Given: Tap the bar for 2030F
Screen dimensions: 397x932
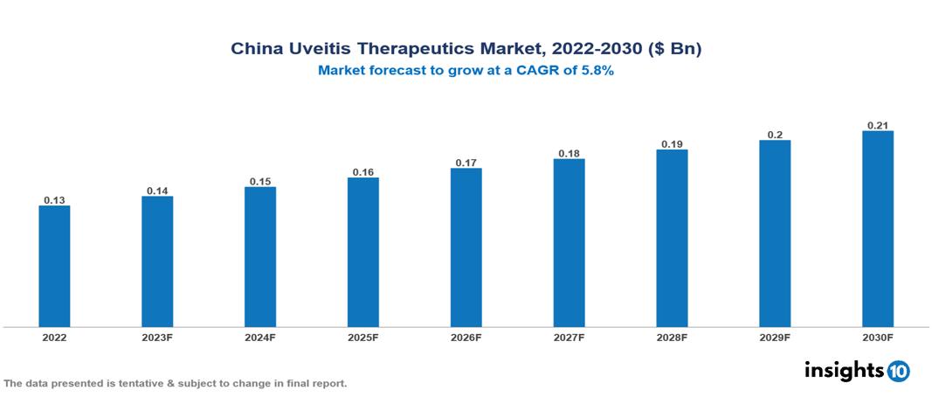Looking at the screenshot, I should pos(878,229).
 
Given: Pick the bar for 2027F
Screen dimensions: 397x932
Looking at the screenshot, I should pos(569,243).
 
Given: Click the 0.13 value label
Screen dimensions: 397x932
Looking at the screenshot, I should pos(54,200).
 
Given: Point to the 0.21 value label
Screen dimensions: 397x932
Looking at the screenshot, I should pos(878,125).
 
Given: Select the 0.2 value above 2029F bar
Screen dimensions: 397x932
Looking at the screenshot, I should pos(775,135).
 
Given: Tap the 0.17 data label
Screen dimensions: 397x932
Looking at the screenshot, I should pos(466,163).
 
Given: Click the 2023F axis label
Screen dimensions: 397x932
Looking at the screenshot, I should pos(157,337).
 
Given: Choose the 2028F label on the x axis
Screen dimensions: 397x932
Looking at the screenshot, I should pos(672,337).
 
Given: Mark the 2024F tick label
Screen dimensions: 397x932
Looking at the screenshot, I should pos(260,337).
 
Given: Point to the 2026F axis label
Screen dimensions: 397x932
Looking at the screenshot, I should pos(466,337).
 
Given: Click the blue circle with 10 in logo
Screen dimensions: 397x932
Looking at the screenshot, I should pos(898,371).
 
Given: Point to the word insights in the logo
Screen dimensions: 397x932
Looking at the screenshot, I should pos(844,370).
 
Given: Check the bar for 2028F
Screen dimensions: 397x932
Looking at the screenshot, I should pos(672,239).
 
